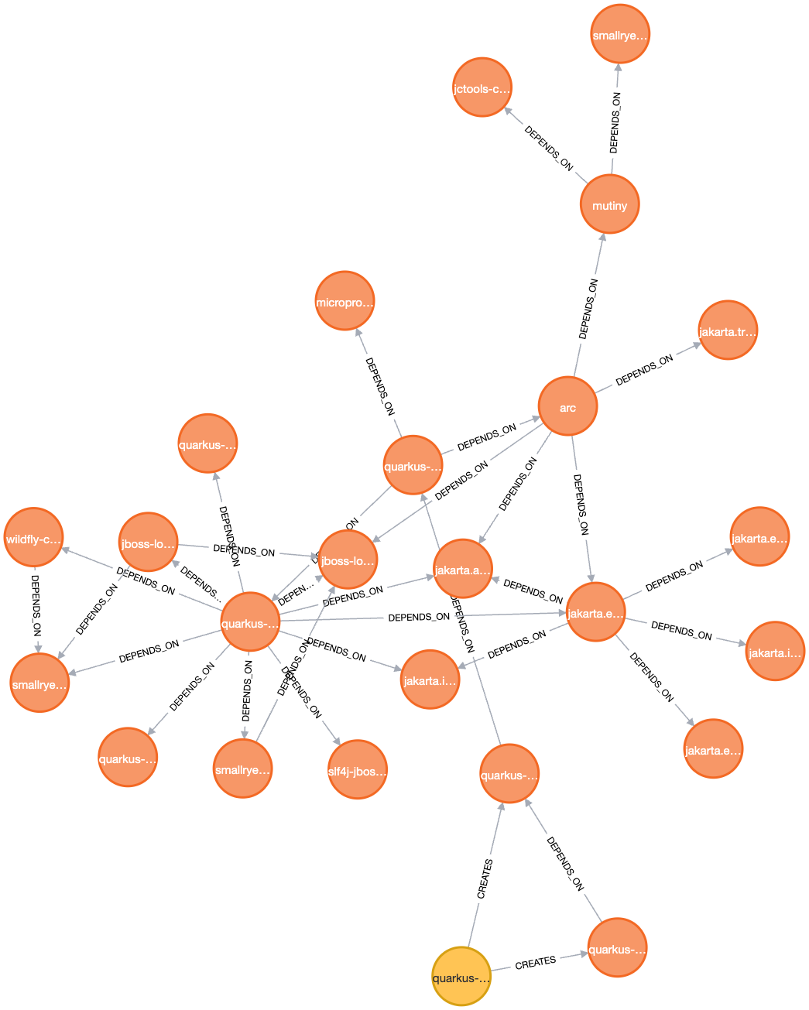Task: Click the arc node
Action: (567, 407)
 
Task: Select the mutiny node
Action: (609, 205)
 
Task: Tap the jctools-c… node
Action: (482, 87)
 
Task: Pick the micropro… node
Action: (345, 301)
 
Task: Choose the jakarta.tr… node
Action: (727, 330)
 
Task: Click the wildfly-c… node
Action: (33, 538)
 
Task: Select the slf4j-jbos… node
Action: (357, 769)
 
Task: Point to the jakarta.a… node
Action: (462, 569)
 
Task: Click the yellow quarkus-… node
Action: (461, 977)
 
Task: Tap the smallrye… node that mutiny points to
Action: (619, 34)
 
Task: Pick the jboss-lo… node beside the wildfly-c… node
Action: (148, 543)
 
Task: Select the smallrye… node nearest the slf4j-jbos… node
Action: (242, 769)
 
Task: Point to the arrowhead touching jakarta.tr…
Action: (696, 345)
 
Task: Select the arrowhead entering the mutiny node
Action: (602, 238)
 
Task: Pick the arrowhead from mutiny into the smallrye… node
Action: (618, 69)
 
